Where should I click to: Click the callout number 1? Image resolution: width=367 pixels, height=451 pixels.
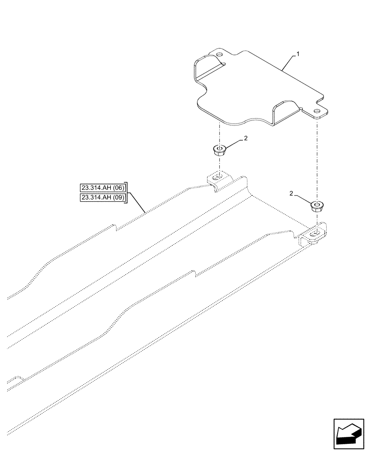[x=298, y=54]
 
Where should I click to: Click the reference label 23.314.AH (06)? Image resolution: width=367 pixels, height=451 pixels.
[x=104, y=188]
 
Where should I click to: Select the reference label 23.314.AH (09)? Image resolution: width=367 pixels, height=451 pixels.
[x=104, y=198]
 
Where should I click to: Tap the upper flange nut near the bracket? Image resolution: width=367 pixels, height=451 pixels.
[x=219, y=150]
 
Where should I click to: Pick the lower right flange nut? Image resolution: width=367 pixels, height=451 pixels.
[x=316, y=207]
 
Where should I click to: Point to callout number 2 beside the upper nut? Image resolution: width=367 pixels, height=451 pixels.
[x=245, y=139]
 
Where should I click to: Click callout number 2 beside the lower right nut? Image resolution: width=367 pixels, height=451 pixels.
[x=292, y=193]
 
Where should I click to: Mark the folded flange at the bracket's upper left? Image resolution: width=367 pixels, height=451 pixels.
[x=206, y=68]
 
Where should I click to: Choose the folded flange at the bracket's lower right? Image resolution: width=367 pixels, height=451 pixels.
[x=285, y=113]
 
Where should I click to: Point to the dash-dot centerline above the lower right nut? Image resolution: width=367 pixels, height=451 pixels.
[x=317, y=158]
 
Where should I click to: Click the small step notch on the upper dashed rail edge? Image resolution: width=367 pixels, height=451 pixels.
[x=117, y=227]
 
